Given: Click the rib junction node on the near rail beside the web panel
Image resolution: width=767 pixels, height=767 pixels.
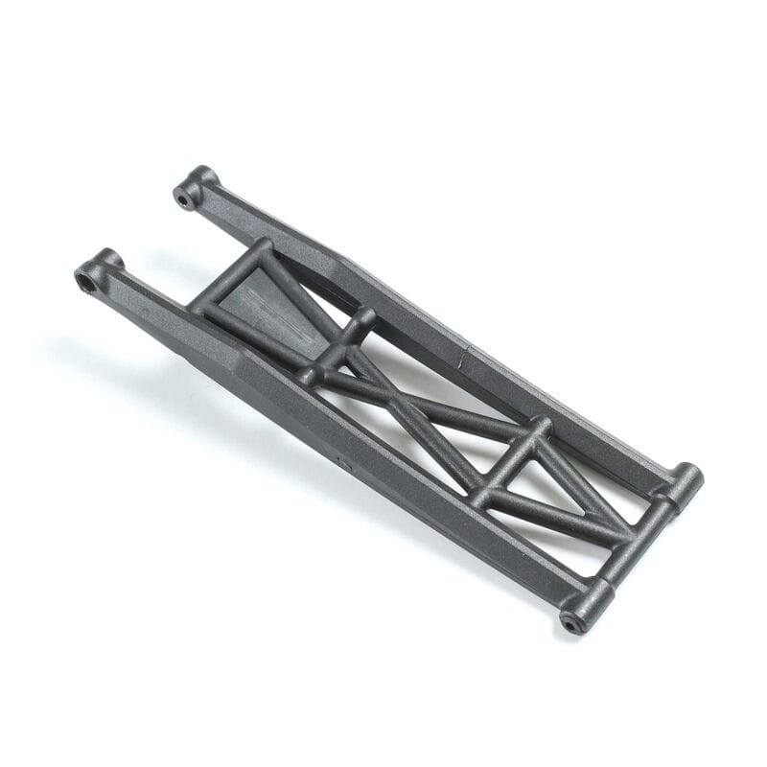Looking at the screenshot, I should coord(307,376).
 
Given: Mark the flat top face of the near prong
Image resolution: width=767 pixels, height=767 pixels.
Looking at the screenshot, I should coord(163,307).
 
